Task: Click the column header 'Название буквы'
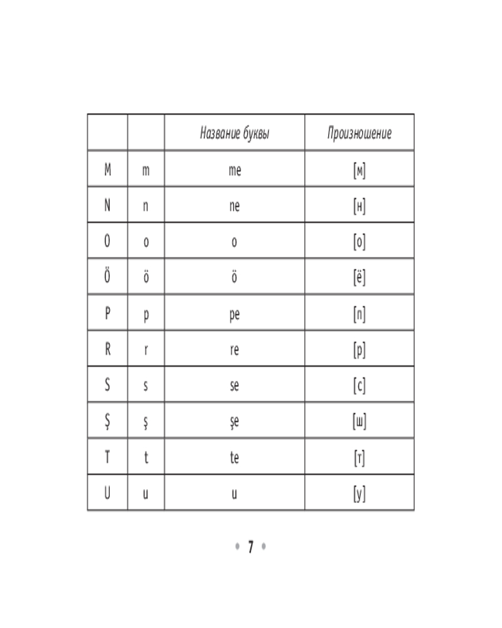point(235,133)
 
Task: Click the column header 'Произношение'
point(360,133)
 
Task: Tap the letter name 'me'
point(235,170)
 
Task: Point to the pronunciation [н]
point(360,206)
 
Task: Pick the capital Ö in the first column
point(107,276)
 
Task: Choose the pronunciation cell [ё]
point(360,277)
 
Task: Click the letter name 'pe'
point(235,315)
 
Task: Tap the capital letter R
point(107,349)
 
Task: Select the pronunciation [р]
point(360,350)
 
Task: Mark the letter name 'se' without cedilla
point(235,386)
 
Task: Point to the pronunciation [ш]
point(360,421)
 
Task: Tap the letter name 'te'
point(235,457)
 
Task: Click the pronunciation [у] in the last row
point(360,494)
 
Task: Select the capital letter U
point(107,492)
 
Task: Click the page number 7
point(251,547)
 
